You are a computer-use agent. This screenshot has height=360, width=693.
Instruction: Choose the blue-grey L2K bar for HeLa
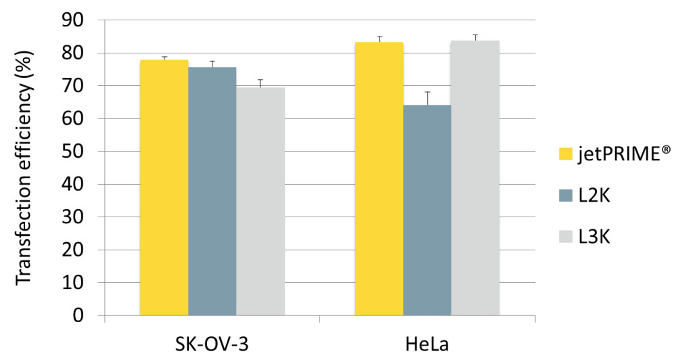(x=427, y=210)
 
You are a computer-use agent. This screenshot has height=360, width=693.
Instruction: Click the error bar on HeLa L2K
(x=427, y=98)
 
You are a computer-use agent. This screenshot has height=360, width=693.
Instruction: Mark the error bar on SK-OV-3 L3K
(x=260, y=83)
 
